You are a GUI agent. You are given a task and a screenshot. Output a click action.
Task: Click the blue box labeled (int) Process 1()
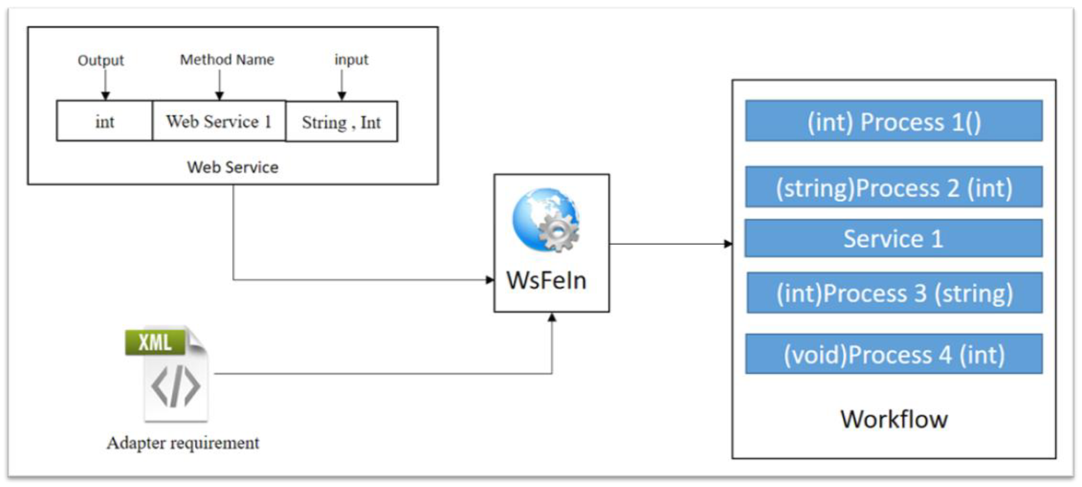[893, 121]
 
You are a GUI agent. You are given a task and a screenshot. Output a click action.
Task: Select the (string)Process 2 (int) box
[893, 187]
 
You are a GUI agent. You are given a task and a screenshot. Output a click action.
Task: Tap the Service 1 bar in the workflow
[893, 238]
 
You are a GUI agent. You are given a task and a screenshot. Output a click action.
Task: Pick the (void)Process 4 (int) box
[893, 354]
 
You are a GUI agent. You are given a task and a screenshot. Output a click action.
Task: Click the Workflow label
[893, 419]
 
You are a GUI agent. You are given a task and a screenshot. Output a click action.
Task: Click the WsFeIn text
[546, 281]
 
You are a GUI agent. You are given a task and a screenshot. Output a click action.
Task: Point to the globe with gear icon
[546, 220]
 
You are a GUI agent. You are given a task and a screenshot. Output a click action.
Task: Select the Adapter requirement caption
[183, 443]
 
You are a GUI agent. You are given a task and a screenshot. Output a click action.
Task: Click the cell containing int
[105, 121]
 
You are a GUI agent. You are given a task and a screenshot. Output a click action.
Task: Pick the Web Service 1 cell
[219, 121]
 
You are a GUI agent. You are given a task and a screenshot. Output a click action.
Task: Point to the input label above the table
[351, 60]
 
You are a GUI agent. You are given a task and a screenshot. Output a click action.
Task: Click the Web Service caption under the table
[232, 167]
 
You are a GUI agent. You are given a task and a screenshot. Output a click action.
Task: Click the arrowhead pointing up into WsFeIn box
[552, 318]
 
